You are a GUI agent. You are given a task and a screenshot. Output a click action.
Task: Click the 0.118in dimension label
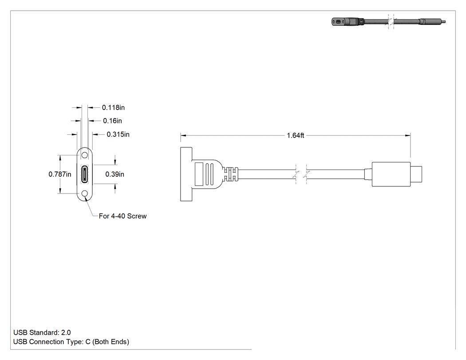coord(113,107)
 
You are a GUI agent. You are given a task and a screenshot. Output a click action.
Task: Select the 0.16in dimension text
coord(112,121)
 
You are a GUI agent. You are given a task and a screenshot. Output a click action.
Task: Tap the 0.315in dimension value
coord(118,135)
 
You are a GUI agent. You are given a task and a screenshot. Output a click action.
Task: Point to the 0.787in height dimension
coord(60,174)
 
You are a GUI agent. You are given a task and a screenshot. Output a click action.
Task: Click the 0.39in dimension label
coord(115,174)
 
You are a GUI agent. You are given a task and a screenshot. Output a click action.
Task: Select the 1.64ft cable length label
coord(296,135)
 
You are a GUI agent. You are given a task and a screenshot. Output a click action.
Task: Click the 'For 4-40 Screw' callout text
coord(123,216)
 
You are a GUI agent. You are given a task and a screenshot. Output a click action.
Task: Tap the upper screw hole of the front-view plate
coord(85,155)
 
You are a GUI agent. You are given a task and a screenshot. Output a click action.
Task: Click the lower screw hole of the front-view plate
coord(85,194)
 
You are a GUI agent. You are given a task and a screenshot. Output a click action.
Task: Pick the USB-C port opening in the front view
coord(85,174)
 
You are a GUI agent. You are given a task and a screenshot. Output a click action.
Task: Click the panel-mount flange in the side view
coord(186,174)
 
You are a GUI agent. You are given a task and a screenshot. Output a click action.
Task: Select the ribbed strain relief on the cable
coord(231,174)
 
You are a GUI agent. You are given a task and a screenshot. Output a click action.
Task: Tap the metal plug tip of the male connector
coord(416,174)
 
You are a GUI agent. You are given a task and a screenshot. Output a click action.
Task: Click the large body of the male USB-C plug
coord(391,174)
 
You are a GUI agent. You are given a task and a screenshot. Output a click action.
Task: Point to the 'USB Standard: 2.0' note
coord(42,332)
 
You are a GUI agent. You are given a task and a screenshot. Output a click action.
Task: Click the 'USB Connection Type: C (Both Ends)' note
coord(71,342)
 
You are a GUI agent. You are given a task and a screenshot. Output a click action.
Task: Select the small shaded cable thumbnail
coord(388,22)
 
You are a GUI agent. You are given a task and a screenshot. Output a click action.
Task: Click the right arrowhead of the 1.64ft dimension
coord(408,135)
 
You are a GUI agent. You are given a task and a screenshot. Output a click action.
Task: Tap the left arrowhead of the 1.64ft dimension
coord(183,135)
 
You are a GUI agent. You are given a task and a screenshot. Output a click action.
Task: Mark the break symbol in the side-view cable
coord(301,174)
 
